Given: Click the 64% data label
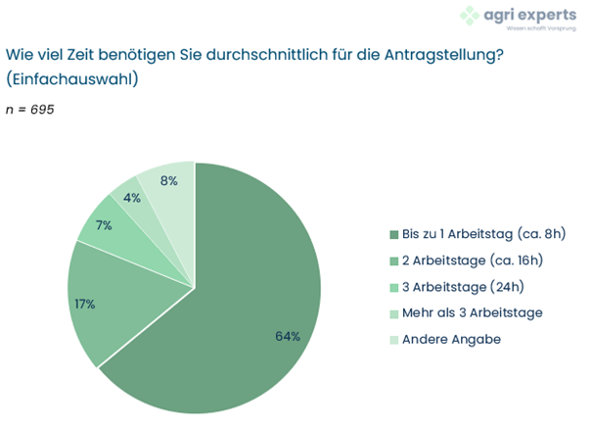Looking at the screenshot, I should click(287, 336).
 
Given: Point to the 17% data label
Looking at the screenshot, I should click(84, 304).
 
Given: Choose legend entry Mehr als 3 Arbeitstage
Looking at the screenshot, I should click(472, 311).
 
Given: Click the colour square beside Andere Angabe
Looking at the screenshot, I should click(393, 338).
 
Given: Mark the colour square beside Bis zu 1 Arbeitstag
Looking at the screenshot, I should click(393, 234).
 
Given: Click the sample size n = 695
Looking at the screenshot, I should click(30, 109).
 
